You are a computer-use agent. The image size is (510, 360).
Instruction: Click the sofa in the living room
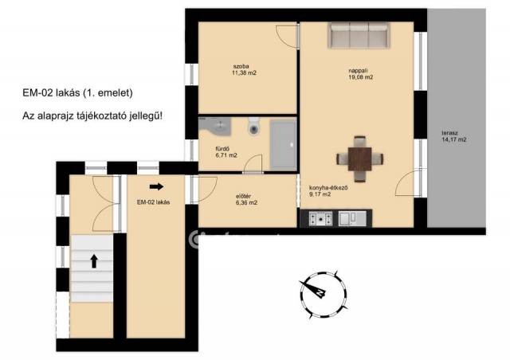tap(359, 36)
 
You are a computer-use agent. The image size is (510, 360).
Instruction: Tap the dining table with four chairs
tap(359, 159)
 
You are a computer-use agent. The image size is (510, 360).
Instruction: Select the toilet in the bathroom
tap(254, 126)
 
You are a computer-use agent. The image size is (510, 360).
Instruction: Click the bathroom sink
tap(215, 126)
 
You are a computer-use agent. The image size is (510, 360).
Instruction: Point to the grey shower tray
tap(284, 145)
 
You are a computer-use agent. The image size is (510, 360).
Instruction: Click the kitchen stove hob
tap(320, 218)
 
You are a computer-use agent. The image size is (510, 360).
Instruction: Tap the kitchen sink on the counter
tap(352, 218)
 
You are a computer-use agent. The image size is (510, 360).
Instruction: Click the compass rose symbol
tap(324, 294)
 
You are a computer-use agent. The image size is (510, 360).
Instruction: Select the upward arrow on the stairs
tap(94, 261)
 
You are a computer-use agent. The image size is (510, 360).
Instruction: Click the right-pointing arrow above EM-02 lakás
tap(156, 186)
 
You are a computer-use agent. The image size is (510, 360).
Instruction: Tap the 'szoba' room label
tap(241, 67)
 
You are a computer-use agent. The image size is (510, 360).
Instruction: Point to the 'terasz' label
tap(449, 133)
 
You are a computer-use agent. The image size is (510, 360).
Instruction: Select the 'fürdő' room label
tap(222, 149)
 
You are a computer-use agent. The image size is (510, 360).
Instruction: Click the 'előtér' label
tap(243, 197)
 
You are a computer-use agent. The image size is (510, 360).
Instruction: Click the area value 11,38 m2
tap(244, 73)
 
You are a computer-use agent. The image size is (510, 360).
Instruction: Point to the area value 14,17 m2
tap(454, 140)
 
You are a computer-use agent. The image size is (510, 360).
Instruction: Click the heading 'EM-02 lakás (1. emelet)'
tap(78, 93)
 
